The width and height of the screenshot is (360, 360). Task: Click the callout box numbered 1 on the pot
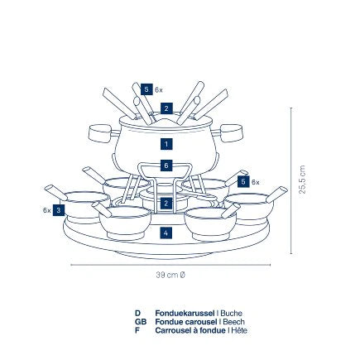coord(166,144)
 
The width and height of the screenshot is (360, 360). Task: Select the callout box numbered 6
coord(166,166)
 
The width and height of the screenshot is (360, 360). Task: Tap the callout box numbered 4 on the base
coord(166,233)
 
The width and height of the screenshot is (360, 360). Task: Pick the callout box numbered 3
coord(59,210)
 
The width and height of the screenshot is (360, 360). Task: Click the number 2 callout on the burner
coord(166,204)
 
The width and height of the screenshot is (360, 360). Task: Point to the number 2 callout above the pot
coord(166,108)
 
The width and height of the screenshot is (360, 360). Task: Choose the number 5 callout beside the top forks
coord(146,89)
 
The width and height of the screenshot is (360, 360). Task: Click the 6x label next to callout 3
coord(46,210)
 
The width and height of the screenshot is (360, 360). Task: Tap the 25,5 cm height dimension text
coord(302,180)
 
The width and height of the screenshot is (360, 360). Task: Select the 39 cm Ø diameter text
coord(170,275)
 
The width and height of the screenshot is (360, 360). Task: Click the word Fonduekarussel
coord(185,314)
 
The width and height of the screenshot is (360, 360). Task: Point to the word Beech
coord(233,322)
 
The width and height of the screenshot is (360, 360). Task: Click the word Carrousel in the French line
coord(172,330)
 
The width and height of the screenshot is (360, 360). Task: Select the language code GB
coord(141,322)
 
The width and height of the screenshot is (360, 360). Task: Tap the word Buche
coord(231,314)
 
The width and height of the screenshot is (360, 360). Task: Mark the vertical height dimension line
coord(291,180)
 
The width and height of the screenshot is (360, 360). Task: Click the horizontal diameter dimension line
coord(170,265)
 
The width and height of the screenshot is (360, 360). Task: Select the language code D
coord(137,314)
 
